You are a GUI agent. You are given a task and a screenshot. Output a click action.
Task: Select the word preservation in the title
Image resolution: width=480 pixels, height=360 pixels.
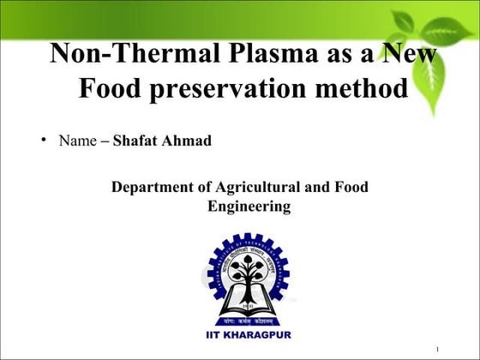click(240, 88)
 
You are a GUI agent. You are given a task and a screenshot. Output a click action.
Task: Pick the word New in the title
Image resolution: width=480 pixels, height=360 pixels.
click(407, 54)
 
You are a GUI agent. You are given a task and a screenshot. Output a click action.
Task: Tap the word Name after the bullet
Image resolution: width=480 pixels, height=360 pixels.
click(77, 141)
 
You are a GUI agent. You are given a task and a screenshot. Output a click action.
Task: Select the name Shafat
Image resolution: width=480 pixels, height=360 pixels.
click(136, 141)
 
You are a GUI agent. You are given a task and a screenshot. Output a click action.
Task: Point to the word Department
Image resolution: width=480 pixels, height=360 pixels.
click(154, 187)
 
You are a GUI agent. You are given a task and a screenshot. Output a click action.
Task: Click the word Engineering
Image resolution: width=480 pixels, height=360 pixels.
click(249, 207)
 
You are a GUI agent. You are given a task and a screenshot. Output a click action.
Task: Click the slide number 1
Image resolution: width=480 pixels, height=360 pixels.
click(438, 350)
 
